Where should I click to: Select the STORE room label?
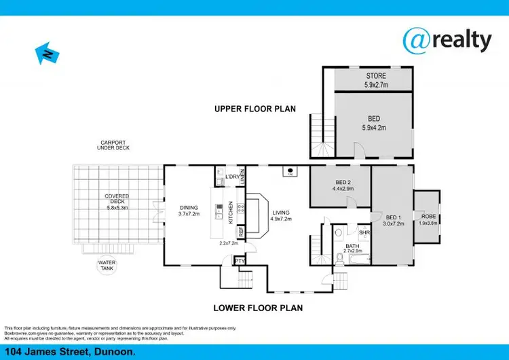[375, 76]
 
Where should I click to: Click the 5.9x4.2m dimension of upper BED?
[374, 127]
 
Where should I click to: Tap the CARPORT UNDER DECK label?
[113, 145]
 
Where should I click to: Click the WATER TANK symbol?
[107, 265]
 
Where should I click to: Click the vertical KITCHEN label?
[231, 212]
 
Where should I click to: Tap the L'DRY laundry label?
[231, 177]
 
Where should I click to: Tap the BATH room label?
[352, 246]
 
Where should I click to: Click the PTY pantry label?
[240, 260]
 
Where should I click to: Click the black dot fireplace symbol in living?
[290, 170]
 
